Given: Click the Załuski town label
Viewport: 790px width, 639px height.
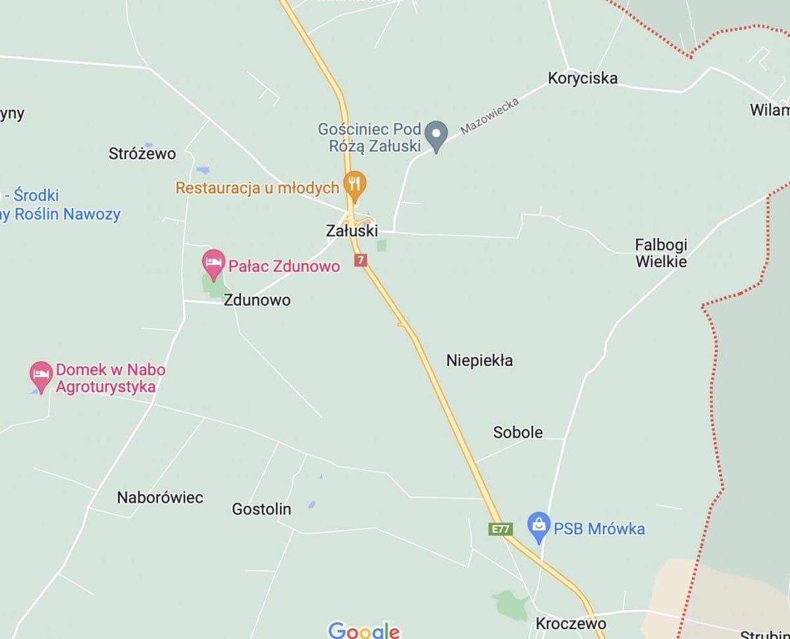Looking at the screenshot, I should tap(352, 231).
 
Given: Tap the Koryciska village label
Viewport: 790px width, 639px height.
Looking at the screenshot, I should tap(583, 78).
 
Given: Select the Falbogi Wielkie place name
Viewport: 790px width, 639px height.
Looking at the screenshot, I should tap(661, 253).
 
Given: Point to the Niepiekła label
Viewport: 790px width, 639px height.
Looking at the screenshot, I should tap(479, 361).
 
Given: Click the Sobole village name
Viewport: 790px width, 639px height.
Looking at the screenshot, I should tap(518, 432).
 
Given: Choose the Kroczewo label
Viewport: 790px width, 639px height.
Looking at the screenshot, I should tap(571, 623).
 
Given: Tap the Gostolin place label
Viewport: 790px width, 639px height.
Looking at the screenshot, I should tap(261, 509).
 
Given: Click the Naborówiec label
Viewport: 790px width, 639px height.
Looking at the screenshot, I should tap(160, 497).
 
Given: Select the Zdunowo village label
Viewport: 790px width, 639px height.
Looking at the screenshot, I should tap(257, 300).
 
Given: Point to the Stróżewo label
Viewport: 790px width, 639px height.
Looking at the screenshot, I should tap(142, 153).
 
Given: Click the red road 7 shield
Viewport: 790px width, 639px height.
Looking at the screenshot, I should tap(360, 260).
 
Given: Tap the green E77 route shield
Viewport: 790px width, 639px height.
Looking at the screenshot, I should tap(500, 528).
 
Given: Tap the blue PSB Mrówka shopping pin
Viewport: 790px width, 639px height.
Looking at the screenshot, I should tap(539, 527).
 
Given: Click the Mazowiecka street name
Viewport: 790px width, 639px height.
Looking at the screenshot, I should tap(490, 116).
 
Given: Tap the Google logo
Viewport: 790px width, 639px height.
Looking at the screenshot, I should tap(364, 630).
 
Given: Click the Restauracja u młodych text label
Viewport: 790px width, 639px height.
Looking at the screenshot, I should tap(257, 188).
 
